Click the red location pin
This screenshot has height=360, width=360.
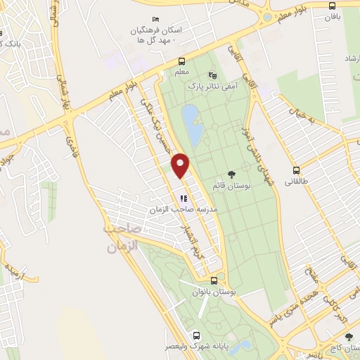[181, 164]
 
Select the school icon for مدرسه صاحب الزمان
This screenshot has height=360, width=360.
[184, 199]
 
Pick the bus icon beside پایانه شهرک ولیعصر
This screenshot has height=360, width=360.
[196, 337]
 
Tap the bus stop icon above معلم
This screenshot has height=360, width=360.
[181, 61]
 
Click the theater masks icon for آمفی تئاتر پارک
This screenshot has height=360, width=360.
[213, 75]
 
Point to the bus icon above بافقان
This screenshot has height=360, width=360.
[331, 4]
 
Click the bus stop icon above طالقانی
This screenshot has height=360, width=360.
[296, 170]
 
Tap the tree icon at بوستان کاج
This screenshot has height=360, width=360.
[349, 337]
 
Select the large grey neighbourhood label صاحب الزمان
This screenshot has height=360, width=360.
[122, 238]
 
